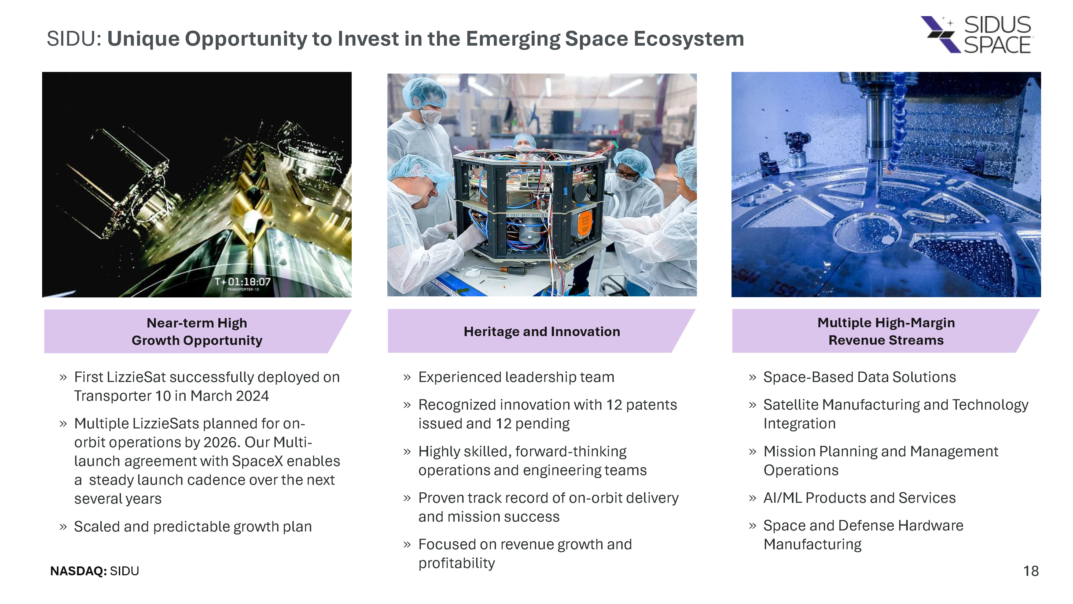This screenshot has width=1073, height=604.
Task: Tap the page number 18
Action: point(1031,571)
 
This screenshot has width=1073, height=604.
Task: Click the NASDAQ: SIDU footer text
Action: point(94,571)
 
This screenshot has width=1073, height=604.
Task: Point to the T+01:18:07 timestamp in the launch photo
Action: point(242,282)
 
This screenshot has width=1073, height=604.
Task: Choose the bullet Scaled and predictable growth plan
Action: point(193,527)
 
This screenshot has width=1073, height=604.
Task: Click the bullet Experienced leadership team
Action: point(516,377)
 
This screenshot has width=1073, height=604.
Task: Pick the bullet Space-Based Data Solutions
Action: point(859,377)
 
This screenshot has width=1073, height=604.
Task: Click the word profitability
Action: point(457,563)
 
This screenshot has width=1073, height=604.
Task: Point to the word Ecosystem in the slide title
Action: point(689,39)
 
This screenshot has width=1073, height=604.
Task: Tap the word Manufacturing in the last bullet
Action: point(812,544)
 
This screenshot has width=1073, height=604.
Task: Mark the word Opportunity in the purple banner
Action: point(223,341)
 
